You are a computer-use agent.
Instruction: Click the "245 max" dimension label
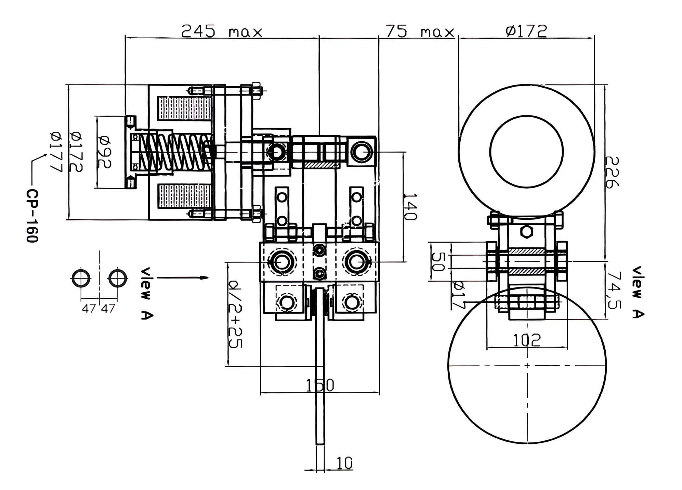[x=222, y=31]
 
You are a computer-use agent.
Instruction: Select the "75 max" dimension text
[x=420, y=31]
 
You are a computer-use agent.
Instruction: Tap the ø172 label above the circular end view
[x=526, y=31]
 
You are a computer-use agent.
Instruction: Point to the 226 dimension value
[x=612, y=172]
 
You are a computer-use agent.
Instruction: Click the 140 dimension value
[x=410, y=207]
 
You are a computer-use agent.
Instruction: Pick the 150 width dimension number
[x=320, y=385]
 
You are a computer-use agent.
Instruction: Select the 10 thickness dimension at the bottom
[x=344, y=463]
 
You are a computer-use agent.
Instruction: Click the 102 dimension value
[x=527, y=340]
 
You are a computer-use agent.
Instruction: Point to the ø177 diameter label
[x=56, y=152]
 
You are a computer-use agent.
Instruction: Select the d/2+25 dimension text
[x=235, y=314]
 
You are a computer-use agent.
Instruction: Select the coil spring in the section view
[x=174, y=152]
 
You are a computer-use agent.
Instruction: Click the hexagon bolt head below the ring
[x=526, y=232]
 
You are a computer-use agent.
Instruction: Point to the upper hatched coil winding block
[x=183, y=108]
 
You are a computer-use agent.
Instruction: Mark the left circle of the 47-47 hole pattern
[x=81, y=278]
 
